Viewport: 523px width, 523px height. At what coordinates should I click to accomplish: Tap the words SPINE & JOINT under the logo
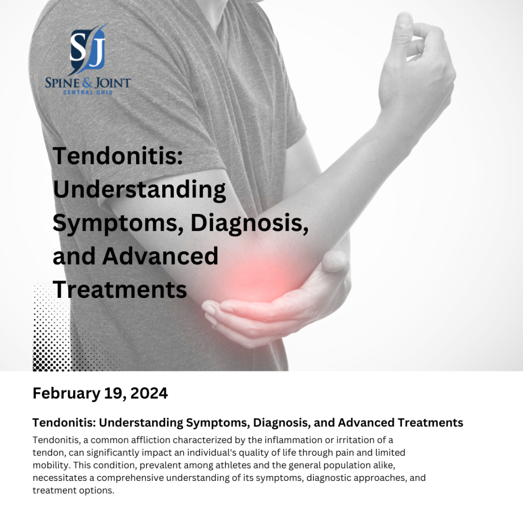click(x=88, y=83)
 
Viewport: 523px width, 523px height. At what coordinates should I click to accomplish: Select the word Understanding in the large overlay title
click(x=139, y=189)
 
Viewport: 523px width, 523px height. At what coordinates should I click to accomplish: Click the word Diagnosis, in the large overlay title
click(x=250, y=223)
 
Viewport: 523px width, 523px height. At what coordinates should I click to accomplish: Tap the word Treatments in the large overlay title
click(x=120, y=290)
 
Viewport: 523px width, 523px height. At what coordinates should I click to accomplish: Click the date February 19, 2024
click(x=100, y=393)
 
